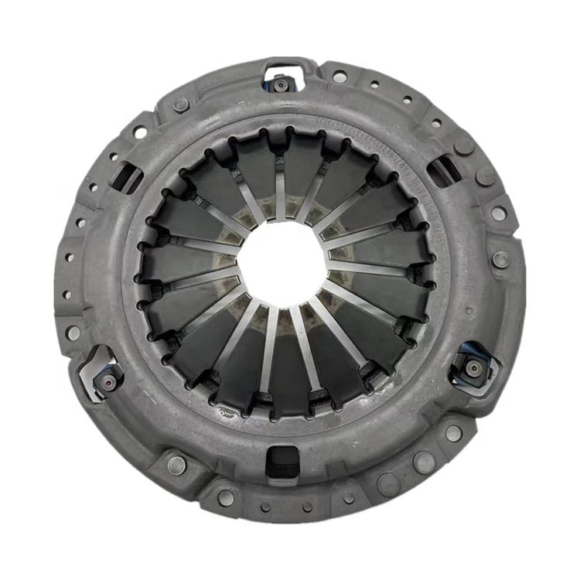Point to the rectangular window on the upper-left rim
pyautogui.click(x=126, y=179)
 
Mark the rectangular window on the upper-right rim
pyautogui.click(x=445, y=170)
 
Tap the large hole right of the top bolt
pyautogui.click(x=339, y=77)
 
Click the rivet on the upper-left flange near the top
pyautogui.click(x=180, y=105)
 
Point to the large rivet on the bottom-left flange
pyautogui.click(x=176, y=465)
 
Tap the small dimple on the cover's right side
pyautogui.click(x=469, y=309)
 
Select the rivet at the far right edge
pyautogui.click(x=501, y=260)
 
